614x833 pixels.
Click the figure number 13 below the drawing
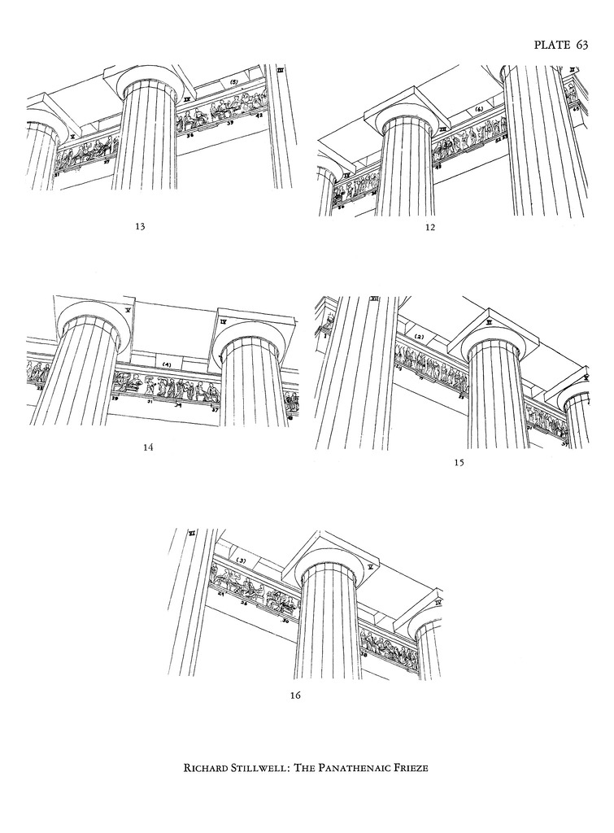point(139,227)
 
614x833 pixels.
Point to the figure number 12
point(430,228)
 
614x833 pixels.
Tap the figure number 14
point(148,447)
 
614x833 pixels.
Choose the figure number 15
point(459,462)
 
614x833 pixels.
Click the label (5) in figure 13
point(233,83)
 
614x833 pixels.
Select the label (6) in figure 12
point(479,108)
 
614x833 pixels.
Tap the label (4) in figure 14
point(166,364)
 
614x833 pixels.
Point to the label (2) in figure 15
point(420,336)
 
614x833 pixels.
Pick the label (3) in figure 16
point(241,561)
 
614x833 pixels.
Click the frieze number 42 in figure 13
point(260,116)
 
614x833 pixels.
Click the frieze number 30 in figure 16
point(285,621)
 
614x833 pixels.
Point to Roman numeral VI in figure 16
point(192,534)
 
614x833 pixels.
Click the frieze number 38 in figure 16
point(363,653)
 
